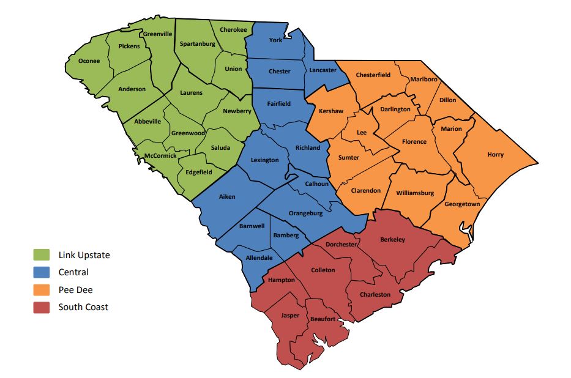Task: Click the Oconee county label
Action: point(89,61)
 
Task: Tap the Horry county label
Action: point(495,155)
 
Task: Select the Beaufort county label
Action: point(322,319)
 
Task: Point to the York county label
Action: point(277,41)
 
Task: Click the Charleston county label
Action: point(375,294)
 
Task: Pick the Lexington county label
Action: point(264,160)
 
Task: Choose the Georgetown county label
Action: point(462,204)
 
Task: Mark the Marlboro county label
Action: point(424,80)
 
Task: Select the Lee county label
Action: point(362,132)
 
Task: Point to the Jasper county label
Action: point(290,316)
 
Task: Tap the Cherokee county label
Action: point(233,29)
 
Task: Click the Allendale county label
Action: point(259,258)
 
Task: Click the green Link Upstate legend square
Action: point(41,255)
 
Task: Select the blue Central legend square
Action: point(41,272)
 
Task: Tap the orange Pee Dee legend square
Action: point(41,290)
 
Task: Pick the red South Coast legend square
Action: point(41,307)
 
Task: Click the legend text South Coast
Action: point(83,307)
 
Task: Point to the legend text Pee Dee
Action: point(75,290)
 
